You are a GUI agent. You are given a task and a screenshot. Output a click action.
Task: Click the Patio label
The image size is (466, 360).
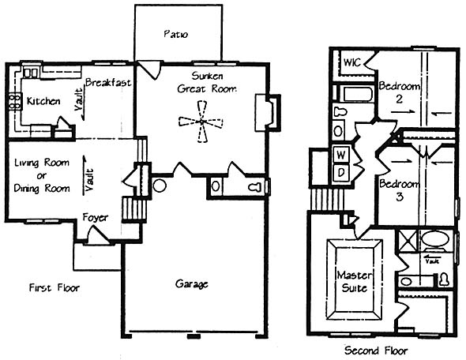click(x=175, y=34)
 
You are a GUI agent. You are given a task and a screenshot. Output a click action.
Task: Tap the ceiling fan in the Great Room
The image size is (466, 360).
click(x=201, y=122)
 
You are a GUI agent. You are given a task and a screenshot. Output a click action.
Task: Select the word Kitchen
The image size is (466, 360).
click(x=43, y=101)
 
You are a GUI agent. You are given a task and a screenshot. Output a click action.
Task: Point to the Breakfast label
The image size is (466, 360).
click(x=108, y=82)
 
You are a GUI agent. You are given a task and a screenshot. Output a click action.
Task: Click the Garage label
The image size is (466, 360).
click(x=191, y=284)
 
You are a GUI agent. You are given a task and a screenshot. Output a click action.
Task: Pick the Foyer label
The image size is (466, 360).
click(x=95, y=218)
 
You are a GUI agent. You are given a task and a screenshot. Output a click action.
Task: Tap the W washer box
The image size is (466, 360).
click(x=341, y=155)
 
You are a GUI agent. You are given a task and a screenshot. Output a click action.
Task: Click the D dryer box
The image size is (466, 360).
click(x=341, y=172)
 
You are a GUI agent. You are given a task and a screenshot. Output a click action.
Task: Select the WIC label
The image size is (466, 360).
click(x=352, y=62)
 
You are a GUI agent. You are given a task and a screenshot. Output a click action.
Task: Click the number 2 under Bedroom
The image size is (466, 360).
click(x=399, y=99)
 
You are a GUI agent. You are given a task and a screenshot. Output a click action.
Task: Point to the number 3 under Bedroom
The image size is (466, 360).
click(x=400, y=197)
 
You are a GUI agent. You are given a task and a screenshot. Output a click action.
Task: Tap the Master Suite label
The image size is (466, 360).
click(x=355, y=281)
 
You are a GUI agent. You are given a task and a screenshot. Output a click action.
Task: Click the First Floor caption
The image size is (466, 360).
click(x=54, y=287)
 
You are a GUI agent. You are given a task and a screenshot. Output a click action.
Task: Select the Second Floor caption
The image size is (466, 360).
click(x=376, y=351)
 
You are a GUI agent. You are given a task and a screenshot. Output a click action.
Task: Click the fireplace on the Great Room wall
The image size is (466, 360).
click(x=268, y=112)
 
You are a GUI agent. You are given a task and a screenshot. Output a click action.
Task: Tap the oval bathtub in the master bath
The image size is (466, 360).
click(x=435, y=238)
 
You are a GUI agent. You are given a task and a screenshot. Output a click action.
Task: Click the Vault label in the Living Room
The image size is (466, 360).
click(x=89, y=179)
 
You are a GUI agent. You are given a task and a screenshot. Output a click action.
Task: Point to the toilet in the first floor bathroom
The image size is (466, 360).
click(x=254, y=187)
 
